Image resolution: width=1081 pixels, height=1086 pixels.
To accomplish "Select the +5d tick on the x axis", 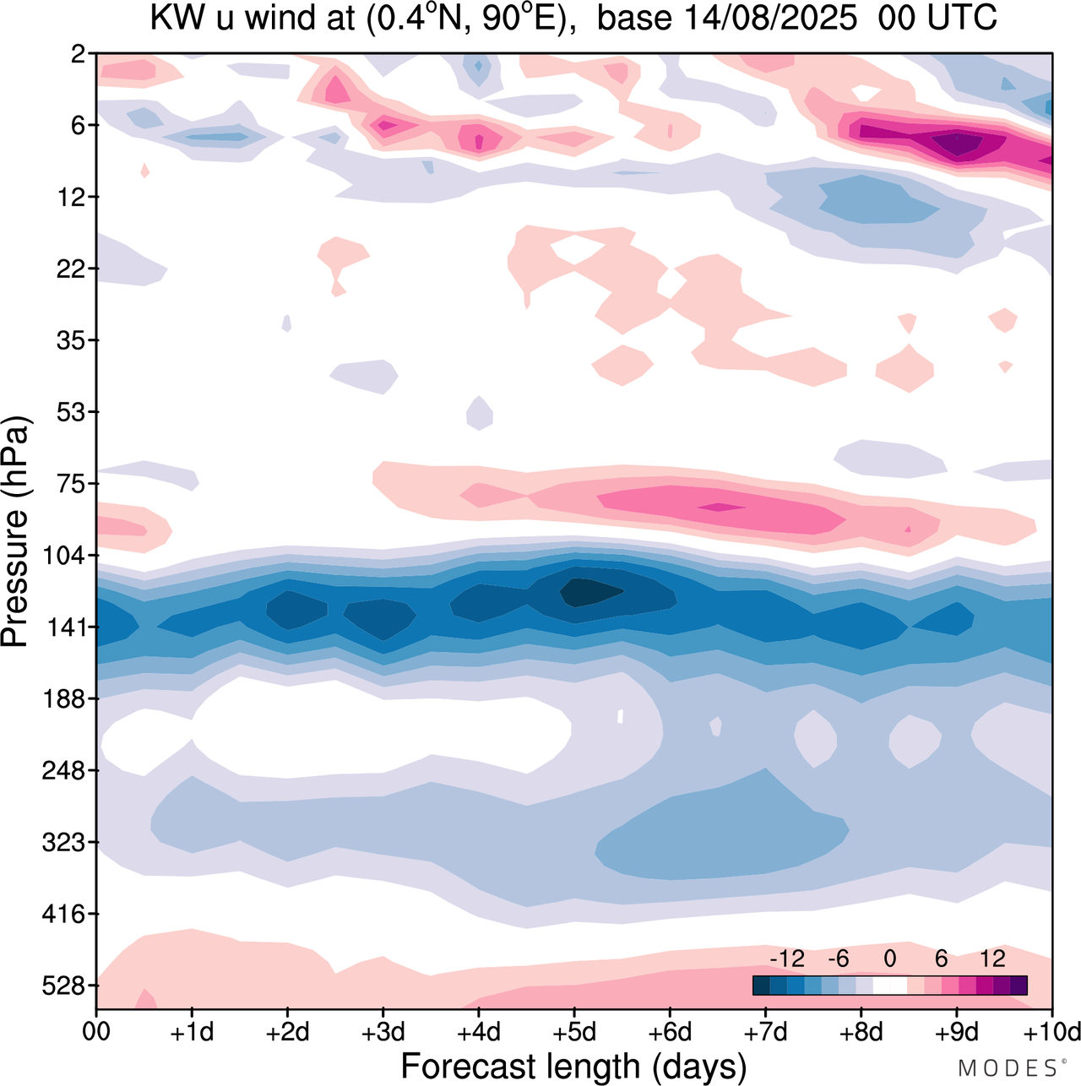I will (574, 1032).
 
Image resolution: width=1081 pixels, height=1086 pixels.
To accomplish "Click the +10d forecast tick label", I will (1052, 1032).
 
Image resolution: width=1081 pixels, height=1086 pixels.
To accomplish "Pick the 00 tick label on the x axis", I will (96, 1032).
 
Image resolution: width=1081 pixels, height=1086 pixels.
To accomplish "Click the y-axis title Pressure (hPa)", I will (15, 532).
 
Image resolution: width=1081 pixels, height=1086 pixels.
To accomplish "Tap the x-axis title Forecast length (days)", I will (573, 1067).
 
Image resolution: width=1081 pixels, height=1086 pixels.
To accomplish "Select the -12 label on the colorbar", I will (787, 958).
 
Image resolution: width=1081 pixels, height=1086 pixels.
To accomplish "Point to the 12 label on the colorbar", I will (992, 958).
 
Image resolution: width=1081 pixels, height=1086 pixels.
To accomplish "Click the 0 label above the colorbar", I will (889, 958).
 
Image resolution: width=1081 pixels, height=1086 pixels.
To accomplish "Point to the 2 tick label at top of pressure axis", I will (78, 54).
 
